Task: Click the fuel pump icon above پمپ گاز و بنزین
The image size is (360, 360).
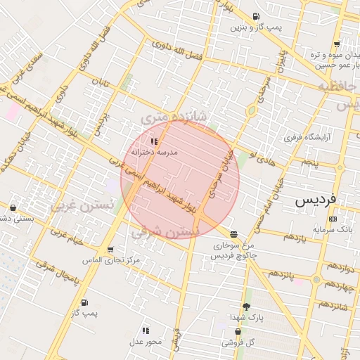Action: click(x=255, y=16)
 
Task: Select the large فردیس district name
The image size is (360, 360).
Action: click(x=316, y=200)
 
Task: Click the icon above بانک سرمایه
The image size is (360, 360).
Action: click(x=333, y=219)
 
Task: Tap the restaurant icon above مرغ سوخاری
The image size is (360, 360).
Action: click(x=233, y=234)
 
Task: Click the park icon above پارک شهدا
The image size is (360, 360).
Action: click(x=246, y=307)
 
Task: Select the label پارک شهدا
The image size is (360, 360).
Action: click(x=246, y=318)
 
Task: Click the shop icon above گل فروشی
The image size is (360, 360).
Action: click(x=238, y=331)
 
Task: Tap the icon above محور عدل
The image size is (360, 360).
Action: click(x=146, y=330)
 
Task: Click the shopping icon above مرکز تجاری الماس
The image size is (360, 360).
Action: click(x=110, y=250)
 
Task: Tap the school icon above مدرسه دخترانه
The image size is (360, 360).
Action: click(x=154, y=141)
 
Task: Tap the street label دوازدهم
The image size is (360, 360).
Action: click(x=340, y=267)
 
